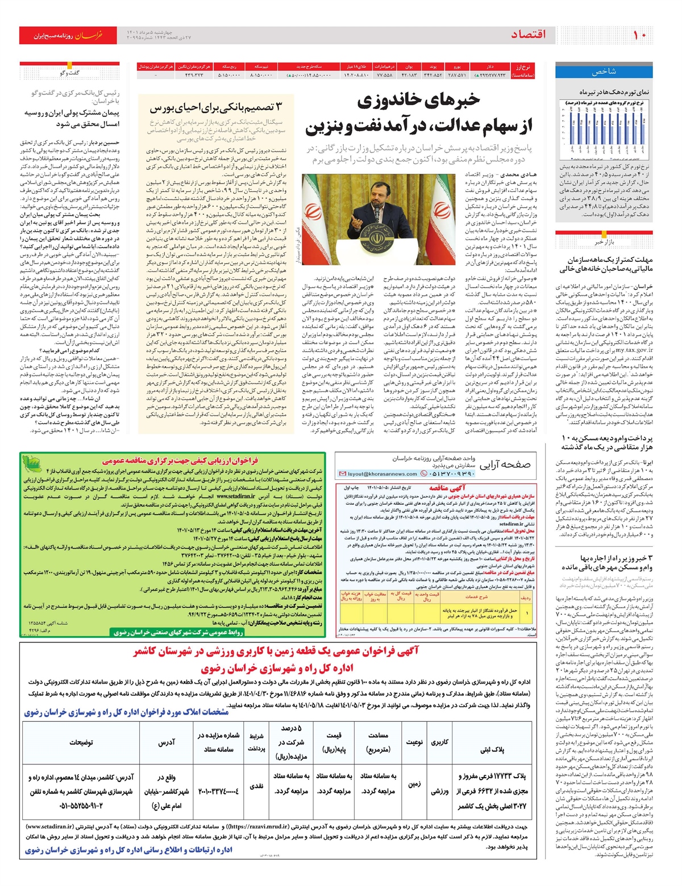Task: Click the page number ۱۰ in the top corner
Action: pos(640,35)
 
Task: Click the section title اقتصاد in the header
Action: pos(528,35)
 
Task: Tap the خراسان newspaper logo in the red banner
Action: pos(90,35)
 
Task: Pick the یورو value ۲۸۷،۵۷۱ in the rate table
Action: pos(456,75)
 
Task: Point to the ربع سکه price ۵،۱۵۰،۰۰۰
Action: pos(229,75)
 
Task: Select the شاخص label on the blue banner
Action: pos(604,72)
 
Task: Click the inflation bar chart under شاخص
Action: pos(605,130)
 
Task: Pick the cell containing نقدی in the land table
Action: pos(256,786)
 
